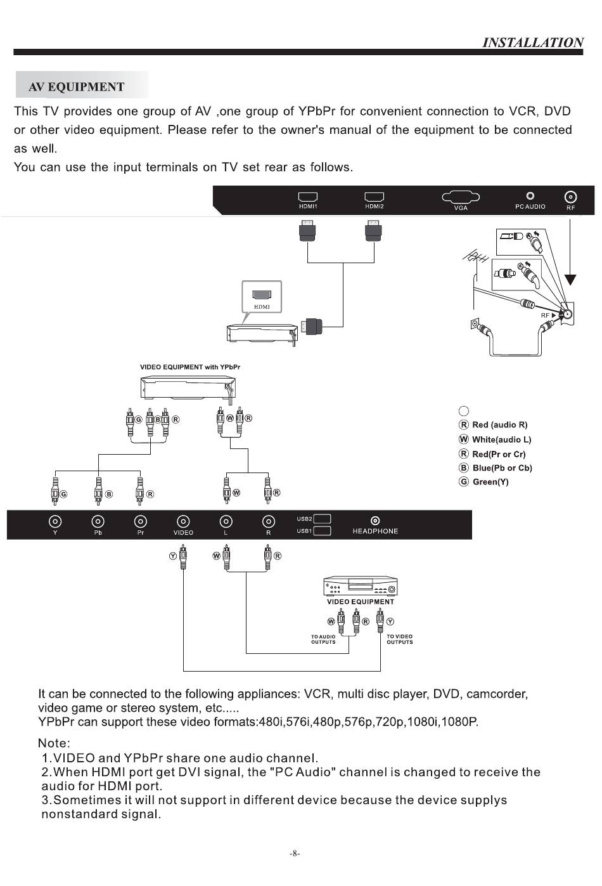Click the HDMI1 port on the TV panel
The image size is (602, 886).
coord(308,197)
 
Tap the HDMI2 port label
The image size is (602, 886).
coord(374,206)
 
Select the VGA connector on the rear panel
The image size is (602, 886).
coord(461,197)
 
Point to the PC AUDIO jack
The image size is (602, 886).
coord(530,196)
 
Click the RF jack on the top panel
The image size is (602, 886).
coord(570,197)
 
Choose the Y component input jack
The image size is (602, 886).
coord(55,521)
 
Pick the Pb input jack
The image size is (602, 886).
coord(98,521)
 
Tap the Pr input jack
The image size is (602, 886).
coord(141,521)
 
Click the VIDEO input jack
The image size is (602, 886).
coord(183,521)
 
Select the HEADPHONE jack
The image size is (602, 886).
coord(375,521)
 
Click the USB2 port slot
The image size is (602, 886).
coord(322,519)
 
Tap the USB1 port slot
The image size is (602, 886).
coord(322,531)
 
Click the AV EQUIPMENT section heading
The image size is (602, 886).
coord(77,87)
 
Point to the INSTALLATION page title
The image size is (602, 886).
coord(532,42)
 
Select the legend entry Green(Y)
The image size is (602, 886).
coord(490,482)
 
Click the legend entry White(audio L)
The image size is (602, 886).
coord(501,440)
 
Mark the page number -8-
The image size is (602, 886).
coord(295,854)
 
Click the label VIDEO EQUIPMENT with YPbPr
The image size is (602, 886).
coord(190,367)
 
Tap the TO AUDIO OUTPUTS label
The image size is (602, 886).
coord(323,639)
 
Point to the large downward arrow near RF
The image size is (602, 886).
coord(571,280)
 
